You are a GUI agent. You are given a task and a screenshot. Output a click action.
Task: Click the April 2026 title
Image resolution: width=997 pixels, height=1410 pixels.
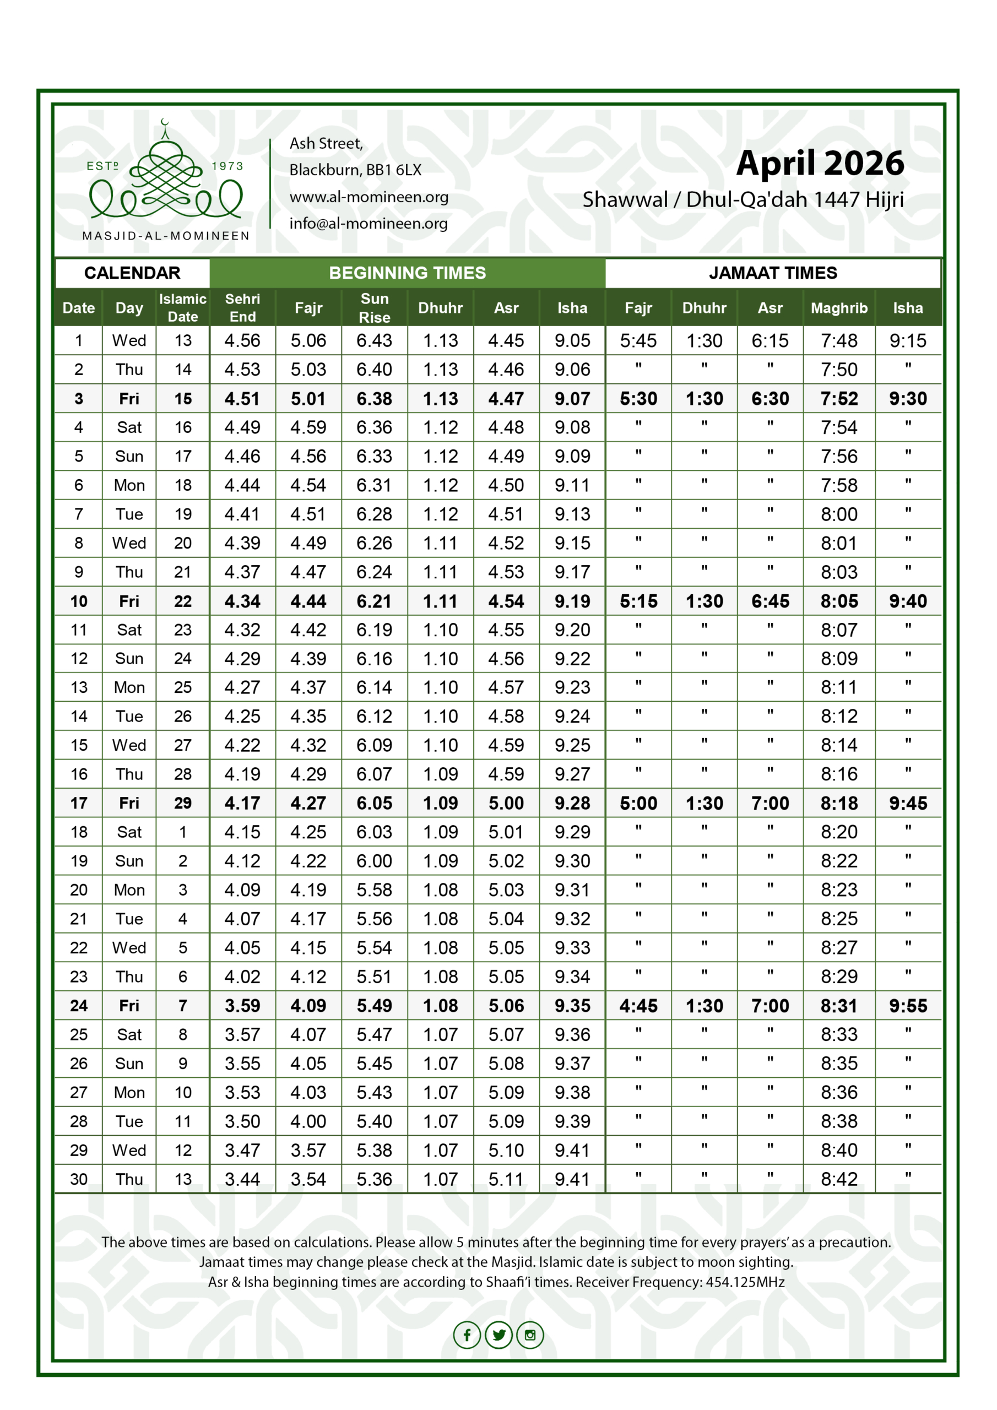820,164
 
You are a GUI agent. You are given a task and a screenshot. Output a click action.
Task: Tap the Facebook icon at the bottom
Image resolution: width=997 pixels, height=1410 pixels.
467,1335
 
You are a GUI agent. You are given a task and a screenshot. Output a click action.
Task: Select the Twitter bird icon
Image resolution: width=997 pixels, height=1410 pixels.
499,1335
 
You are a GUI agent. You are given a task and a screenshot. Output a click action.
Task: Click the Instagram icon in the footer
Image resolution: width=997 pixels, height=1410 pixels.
530,1335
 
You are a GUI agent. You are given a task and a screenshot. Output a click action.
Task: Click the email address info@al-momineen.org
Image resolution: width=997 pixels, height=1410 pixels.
369,224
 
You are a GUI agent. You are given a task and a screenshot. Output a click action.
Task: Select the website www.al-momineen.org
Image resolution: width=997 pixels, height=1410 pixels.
369,197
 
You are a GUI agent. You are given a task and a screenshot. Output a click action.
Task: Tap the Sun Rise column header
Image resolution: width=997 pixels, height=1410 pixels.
374,308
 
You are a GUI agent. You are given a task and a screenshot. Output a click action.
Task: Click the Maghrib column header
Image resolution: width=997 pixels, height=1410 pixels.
838,308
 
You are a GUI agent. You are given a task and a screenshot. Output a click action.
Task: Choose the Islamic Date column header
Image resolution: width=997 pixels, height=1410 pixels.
182,308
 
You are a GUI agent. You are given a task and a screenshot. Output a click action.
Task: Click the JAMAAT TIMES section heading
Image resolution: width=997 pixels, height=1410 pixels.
772,273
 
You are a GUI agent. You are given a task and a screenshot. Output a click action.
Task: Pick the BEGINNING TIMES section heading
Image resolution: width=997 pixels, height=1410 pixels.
407,273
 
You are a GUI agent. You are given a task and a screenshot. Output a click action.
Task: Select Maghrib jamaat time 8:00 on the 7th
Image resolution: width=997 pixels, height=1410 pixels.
838,514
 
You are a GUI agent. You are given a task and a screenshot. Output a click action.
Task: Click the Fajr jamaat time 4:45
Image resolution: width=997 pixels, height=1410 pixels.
638,1005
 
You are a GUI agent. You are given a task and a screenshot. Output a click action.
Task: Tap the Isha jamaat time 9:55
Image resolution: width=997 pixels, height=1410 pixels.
907,1005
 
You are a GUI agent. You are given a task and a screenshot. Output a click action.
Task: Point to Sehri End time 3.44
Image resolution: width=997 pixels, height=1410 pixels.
242,1179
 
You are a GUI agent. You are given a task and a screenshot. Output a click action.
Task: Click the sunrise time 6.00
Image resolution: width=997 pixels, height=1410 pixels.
374,860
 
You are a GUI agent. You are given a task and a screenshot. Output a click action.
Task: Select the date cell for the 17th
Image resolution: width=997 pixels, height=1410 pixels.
79,802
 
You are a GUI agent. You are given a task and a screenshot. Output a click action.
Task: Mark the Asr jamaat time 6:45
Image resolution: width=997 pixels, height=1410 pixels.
770,600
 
